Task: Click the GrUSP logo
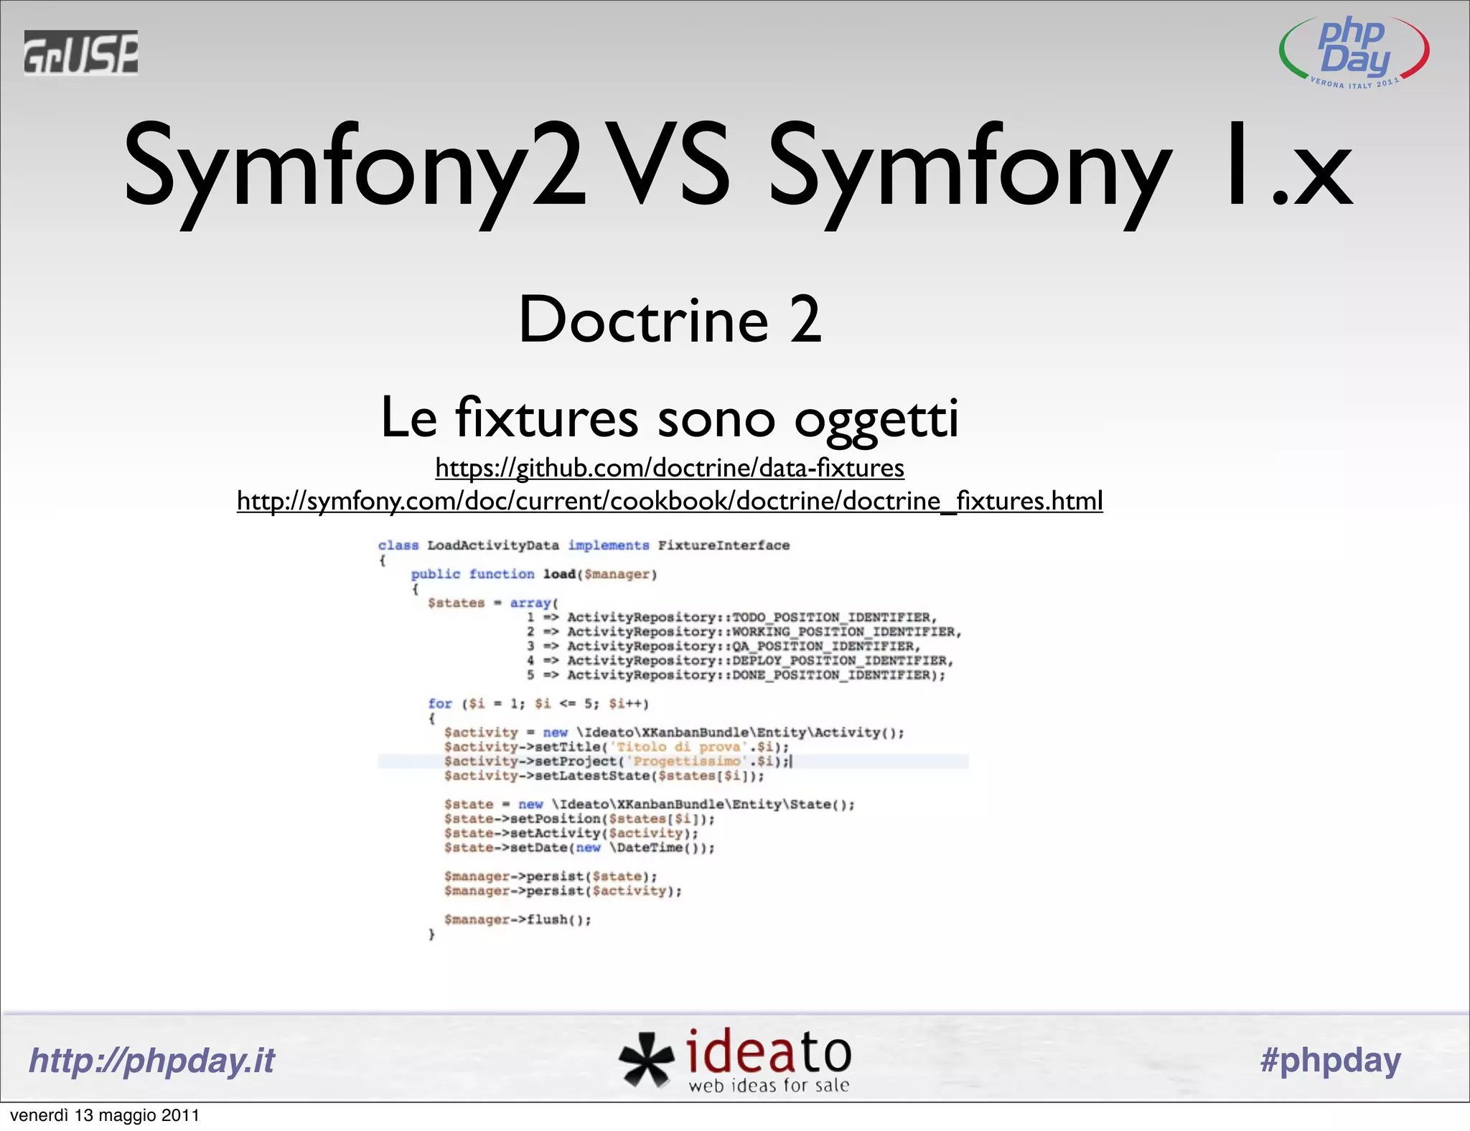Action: click(80, 52)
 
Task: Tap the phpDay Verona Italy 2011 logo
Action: click(1354, 52)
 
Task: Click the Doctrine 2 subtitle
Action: click(670, 320)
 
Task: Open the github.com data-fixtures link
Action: click(670, 468)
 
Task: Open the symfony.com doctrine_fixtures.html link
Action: click(670, 501)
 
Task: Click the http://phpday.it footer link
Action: click(151, 1061)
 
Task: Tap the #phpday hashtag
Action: click(1330, 1061)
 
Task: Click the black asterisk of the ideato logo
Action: click(645, 1059)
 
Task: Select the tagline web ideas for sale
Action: click(769, 1086)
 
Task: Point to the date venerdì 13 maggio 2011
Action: click(105, 1115)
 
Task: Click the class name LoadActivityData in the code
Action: click(493, 545)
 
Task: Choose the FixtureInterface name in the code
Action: click(724, 545)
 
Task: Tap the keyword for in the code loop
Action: click(440, 704)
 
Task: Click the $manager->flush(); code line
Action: click(518, 920)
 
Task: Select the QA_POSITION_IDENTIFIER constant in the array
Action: click(825, 647)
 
